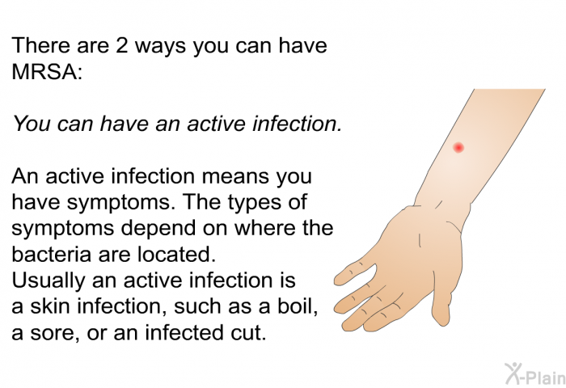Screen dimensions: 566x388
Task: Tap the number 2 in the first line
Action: (x=121, y=45)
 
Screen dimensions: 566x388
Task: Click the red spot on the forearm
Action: (x=458, y=147)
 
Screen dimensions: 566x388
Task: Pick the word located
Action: (x=176, y=254)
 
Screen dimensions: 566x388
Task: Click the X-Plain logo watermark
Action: (x=535, y=374)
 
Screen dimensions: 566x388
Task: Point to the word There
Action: (x=41, y=45)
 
